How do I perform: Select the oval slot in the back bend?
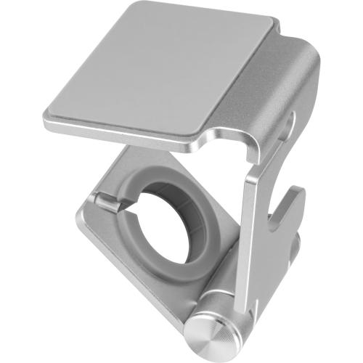(x=290, y=123)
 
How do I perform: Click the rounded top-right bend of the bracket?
(x=309, y=62)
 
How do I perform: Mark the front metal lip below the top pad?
(x=123, y=134)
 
